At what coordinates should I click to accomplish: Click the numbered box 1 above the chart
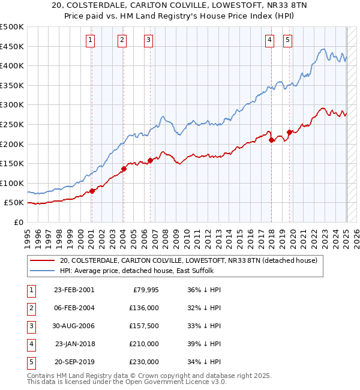(90, 40)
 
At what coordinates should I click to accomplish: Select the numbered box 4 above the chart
(270, 40)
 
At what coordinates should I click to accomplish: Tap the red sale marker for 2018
(271, 140)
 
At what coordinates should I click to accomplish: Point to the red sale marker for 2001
(92, 191)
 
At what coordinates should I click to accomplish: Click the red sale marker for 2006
(150, 160)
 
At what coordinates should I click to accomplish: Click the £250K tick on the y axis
(12, 124)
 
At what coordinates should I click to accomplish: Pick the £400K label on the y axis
(12, 65)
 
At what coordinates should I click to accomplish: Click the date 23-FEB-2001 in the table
(74, 290)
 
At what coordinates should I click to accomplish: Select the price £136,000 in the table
(144, 308)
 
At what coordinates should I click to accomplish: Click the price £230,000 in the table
(144, 362)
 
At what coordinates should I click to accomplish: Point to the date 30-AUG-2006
(74, 326)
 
